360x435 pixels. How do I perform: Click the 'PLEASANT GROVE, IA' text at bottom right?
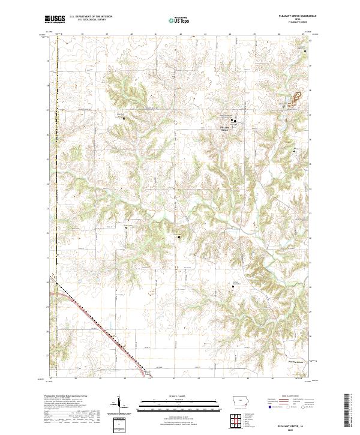pos(289,424)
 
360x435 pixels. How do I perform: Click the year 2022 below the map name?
pos(289,429)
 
